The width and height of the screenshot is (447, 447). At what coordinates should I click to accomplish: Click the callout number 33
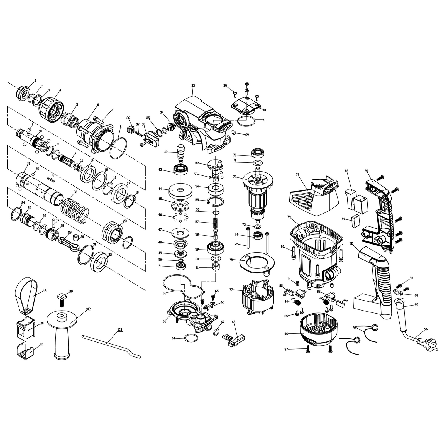pyautogui.click(x=193, y=86)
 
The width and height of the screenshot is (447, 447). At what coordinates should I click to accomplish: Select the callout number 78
pyautogui.click(x=298, y=174)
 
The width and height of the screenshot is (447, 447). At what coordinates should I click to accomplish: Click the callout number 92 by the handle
pyautogui.click(x=351, y=243)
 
